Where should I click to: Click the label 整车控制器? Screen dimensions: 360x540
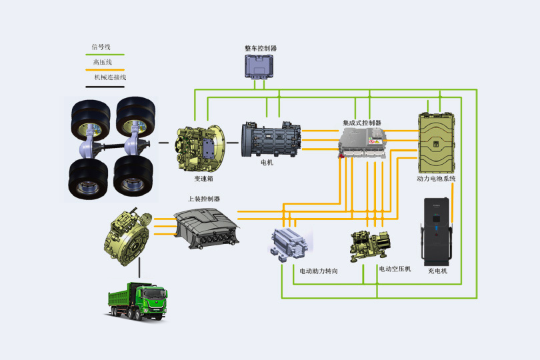(x=261, y=49)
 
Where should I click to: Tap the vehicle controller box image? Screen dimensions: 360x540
(x=261, y=67)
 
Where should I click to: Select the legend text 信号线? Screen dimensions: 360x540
(x=101, y=47)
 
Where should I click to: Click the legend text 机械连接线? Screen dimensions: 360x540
(x=109, y=77)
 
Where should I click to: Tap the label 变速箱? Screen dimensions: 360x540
(x=203, y=179)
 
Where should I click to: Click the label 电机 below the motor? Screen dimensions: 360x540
(x=267, y=163)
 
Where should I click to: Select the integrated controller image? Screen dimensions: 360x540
(x=362, y=143)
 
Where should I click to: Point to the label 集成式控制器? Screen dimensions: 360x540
(x=362, y=123)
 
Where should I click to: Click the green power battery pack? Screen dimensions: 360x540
(x=437, y=141)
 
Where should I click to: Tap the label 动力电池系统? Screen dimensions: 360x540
(x=436, y=179)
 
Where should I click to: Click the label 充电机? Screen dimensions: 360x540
(x=437, y=271)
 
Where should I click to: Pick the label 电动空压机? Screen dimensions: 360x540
(x=395, y=269)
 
